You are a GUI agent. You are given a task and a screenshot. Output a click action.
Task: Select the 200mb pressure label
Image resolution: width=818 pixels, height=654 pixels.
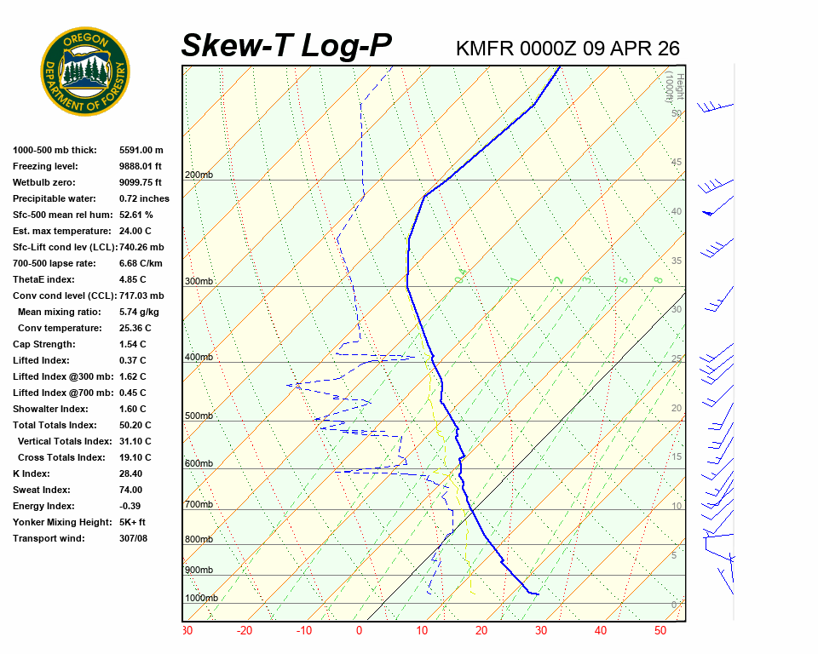(199, 175)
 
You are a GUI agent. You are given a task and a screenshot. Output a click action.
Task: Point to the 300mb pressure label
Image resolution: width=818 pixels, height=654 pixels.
(199, 281)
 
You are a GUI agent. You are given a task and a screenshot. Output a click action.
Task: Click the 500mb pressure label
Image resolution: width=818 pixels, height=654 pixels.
(199, 416)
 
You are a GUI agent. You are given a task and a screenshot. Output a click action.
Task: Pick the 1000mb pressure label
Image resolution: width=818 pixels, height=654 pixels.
(201, 598)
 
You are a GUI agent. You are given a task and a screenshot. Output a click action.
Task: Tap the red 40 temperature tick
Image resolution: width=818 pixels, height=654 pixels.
(601, 631)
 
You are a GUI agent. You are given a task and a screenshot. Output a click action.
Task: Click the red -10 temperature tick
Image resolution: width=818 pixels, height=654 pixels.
(303, 631)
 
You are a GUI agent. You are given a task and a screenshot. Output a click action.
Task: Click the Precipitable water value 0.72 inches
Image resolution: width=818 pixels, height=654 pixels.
(144, 198)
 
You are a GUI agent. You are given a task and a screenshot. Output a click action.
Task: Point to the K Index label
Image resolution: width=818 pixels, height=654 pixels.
(32, 473)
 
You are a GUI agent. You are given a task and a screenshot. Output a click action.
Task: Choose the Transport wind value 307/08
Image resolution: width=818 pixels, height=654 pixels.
(134, 538)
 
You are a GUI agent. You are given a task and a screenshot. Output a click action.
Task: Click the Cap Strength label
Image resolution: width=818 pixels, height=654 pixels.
(43, 344)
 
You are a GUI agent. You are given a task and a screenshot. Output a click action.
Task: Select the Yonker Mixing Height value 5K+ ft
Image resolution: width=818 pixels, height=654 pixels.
(133, 522)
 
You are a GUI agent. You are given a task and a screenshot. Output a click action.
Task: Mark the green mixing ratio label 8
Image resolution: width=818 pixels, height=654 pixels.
(658, 279)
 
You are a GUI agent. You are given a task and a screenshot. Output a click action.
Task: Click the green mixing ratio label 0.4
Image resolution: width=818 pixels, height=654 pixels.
(461, 276)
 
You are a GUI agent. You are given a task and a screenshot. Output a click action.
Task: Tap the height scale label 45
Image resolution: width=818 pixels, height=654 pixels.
(677, 162)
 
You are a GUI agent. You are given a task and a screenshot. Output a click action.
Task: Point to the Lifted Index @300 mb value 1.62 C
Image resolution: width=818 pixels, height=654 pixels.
(133, 376)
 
